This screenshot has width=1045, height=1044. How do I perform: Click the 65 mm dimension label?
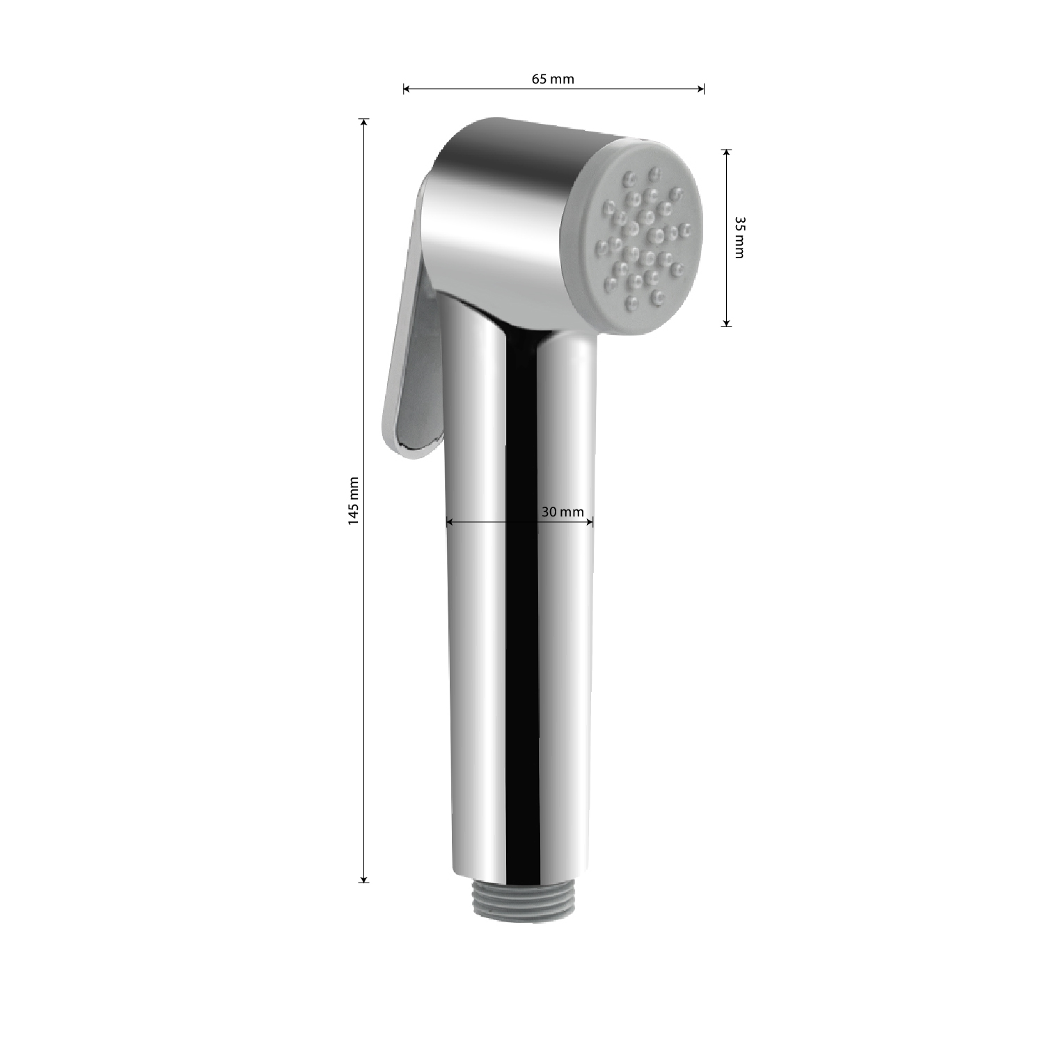[x=553, y=79]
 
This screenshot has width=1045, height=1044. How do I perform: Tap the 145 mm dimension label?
[x=354, y=501]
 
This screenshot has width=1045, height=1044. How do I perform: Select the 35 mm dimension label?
[x=739, y=237]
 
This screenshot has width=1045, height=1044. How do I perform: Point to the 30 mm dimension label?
[x=563, y=512]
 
